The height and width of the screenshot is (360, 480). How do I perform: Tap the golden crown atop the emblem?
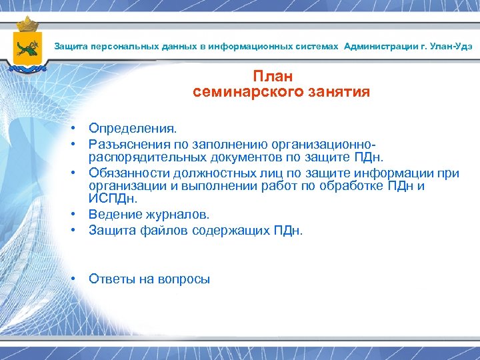pyautogui.click(x=28, y=24)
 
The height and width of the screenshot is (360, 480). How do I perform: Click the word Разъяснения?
pyautogui.click(x=125, y=143)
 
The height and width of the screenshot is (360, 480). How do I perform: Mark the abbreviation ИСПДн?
pyautogui.click(x=113, y=199)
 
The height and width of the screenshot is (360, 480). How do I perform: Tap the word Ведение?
pyautogui.click(x=114, y=215)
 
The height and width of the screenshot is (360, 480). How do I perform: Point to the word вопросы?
pyautogui.click(x=184, y=279)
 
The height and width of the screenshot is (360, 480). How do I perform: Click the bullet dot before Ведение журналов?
pyautogui.click(x=77, y=215)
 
